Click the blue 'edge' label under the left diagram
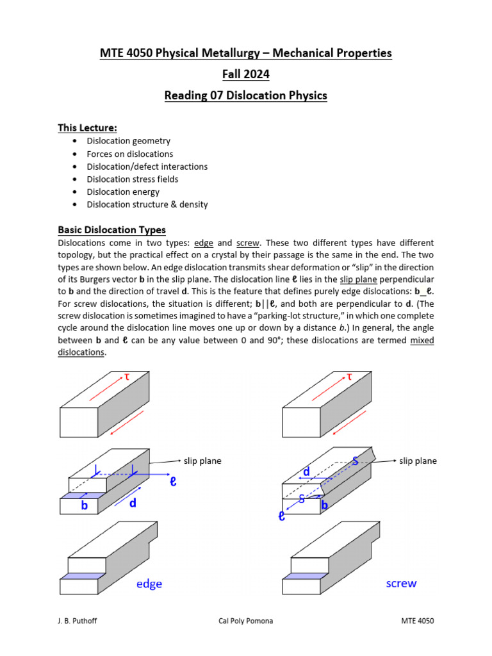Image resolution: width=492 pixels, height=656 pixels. click(x=149, y=584)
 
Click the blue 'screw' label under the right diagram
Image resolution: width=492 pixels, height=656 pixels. click(x=401, y=583)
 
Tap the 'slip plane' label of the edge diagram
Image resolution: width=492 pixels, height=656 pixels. click(x=202, y=461)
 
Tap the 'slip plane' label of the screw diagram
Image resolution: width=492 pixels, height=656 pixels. click(x=418, y=461)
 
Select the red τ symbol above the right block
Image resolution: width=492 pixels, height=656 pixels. click(x=350, y=377)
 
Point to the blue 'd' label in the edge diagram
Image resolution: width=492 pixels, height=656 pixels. click(x=133, y=504)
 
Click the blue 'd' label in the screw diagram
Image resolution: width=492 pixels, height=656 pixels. click(x=307, y=472)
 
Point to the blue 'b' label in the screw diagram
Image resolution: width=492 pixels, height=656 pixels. click(x=324, y=505)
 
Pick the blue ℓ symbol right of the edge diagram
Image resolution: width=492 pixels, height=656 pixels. click(x=172, y=481)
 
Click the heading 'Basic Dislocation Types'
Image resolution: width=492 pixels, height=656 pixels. click(x=111, y=229)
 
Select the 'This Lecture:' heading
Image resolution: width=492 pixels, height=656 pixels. click(x=87, y=128)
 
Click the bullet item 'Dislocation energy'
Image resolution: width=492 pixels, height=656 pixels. click(x=123, y=192)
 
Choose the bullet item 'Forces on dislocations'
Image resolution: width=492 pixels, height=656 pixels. click(x=130, y=154)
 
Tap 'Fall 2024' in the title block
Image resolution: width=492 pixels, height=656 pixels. click(x=246, y=75)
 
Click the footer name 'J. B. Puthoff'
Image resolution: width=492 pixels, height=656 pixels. click(x=79, y=621)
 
